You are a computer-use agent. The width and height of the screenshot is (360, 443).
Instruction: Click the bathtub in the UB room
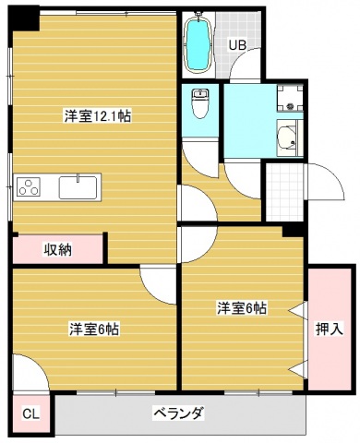pyautogui.click(x=197, y=45)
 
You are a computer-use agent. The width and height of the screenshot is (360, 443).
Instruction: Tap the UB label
pyautogui.click(x=238, y=43)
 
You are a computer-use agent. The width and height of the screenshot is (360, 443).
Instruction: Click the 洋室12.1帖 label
pyautogui.click(x=96, y=117)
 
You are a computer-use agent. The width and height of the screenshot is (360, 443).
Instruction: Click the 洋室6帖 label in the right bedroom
pyautogui.click(x=242, y=308)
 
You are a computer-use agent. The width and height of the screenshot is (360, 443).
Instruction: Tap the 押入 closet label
pyautogui.click(x=329, y=327)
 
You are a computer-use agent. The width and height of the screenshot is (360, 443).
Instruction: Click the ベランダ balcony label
pyautogui.click(x=177, y=412)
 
